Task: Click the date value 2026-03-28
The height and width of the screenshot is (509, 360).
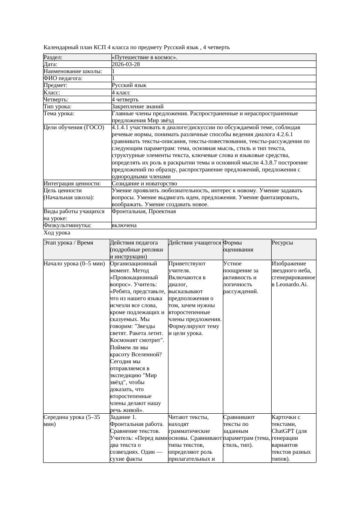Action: pos(126,64)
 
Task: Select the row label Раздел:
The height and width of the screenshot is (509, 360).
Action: pos(53,57)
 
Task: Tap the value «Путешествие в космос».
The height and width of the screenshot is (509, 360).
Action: pos(144,57)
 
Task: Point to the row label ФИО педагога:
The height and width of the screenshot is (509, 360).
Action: pos(63,78)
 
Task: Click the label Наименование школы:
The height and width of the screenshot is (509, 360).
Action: pos(73,71)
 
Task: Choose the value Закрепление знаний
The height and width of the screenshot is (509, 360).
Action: pos(138,106)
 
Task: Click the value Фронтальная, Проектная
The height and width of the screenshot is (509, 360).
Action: pos(144,211)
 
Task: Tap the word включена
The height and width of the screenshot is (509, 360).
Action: pos(124,225)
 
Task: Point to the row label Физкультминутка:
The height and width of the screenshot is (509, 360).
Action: pos(67,225)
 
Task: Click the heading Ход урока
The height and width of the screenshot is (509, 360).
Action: pos(57,233)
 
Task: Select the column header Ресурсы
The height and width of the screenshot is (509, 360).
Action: pos(282,243)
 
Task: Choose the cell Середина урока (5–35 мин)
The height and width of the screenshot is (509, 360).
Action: pos(72,421)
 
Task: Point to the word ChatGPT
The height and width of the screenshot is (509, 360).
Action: pos(283,431)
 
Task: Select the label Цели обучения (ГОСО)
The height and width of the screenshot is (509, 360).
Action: pos(74,127)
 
